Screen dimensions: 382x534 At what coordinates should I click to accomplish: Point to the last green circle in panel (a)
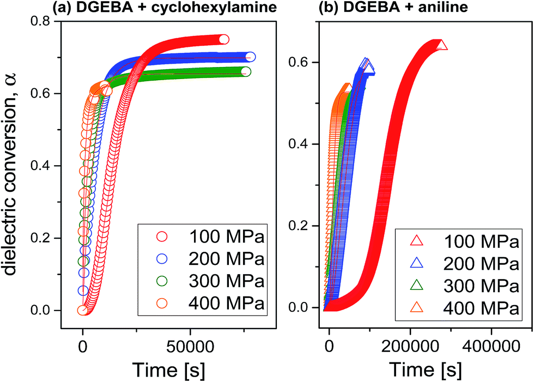[246, 71]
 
